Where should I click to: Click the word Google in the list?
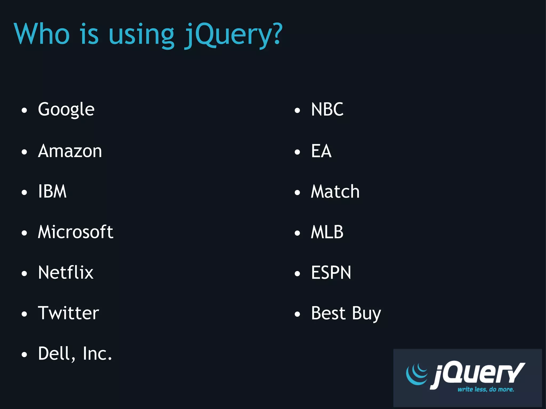click(x=66, y=109)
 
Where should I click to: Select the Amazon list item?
click(x=70, y=151)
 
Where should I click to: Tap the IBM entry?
click(x=52, y=191)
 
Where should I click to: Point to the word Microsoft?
click(x=75, y=232)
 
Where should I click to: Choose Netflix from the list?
click(x=66, y=272)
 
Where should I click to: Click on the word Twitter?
click(x=69, y=313)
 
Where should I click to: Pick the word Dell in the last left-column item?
click(x=57, y=354)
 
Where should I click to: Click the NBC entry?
click(x=327, y=109)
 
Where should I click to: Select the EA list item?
click(x=321, y=151)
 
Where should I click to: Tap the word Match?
click(x=335, y=191)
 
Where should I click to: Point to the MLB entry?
click(x=327, y=232)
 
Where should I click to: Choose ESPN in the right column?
click(x=331, y=272)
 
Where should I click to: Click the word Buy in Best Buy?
click(x=366, y=313)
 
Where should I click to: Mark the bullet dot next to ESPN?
click(x=297, y=274)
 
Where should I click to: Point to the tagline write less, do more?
click(x=485, y=389)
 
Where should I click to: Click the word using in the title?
click(x=141, y=35)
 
